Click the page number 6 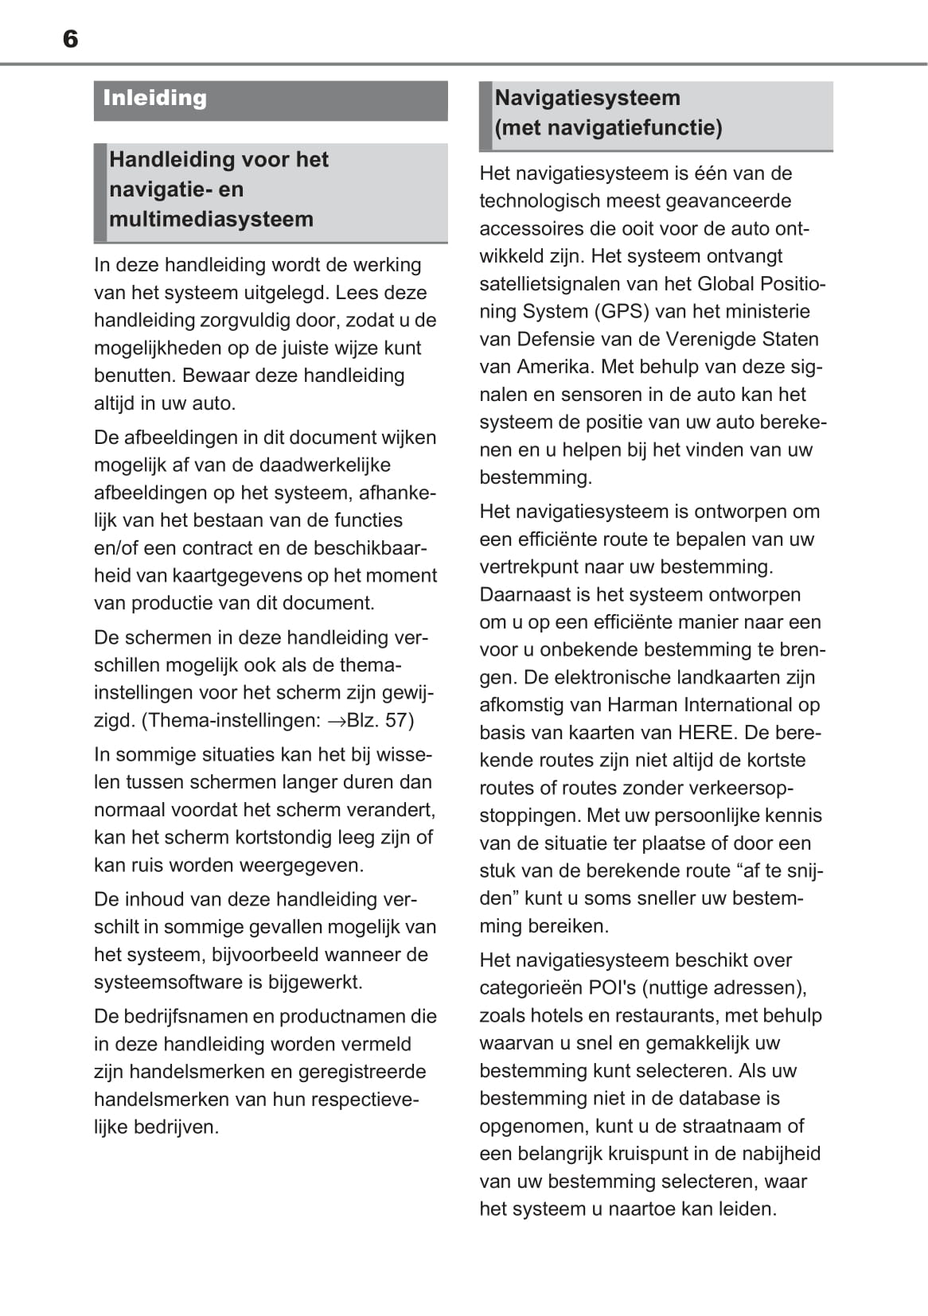(x=70, y=39)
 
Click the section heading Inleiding (x=154, y=99)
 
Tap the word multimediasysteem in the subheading (x=211, y=220)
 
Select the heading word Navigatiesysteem (x=587, y=99)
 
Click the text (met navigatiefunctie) (x=608, y=128)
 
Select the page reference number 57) (x=400, y=721)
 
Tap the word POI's (x=612, y=988)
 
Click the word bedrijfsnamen (x=197, y=1017)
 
